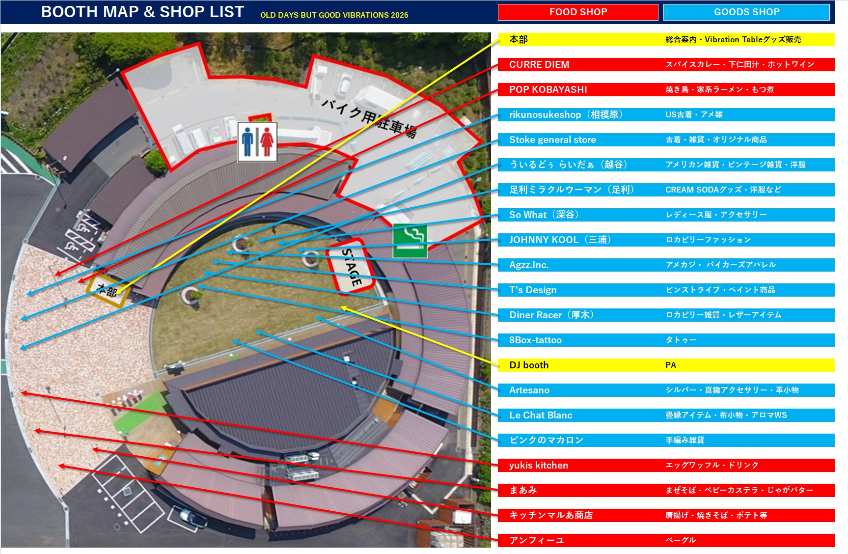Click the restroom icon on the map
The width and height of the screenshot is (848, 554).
point(257,142)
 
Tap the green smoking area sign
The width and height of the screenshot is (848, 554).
point(410,241)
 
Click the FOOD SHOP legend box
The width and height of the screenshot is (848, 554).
point(578,12)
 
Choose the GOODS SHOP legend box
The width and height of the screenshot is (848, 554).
point(746,12)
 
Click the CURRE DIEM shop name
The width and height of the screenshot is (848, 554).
point(539,64)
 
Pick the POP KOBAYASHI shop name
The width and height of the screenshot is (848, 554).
point(548,89)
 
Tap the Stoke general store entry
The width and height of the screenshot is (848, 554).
point(552,139)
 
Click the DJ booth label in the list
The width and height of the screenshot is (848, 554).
point(529,365)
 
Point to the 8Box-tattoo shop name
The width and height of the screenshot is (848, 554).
point(535,340)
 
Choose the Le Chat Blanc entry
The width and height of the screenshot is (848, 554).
point(541,415)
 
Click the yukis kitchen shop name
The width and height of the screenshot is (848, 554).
point(538,465)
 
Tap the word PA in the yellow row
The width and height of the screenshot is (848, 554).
point(671,365)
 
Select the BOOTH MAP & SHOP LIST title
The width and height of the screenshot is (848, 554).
point(142,12)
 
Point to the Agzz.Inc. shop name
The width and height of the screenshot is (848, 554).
point(529,265)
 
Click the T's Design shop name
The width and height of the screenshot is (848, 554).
point(533,290)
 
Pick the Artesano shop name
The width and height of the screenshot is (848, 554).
point(529,390)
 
